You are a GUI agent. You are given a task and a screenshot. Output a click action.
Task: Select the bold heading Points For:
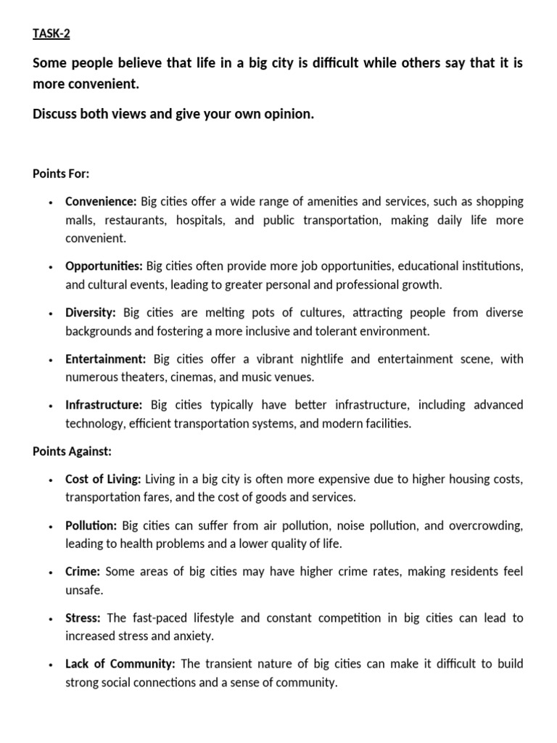tap(61, 173)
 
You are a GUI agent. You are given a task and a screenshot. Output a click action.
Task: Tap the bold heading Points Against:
tap(72, 451)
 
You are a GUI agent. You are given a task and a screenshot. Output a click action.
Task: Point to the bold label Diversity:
tap(91, 313)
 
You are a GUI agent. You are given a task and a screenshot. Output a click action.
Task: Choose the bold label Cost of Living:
tap(104, 480)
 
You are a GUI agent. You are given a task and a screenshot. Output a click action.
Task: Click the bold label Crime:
tap(83, 572)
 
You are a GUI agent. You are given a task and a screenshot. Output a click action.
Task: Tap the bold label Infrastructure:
tap(104, 405)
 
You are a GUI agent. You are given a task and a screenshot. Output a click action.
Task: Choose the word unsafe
tap(81, 590)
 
